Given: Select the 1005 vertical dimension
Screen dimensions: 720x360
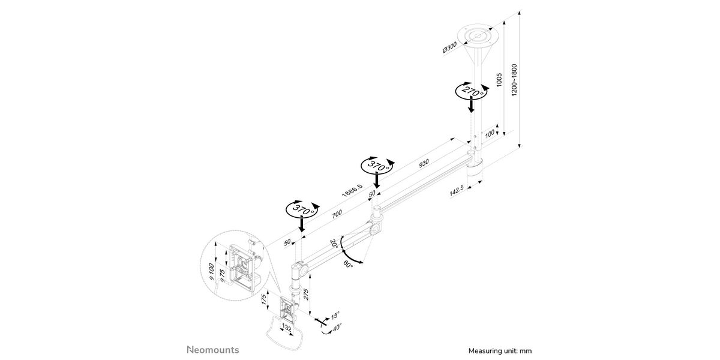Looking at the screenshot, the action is click(x=499, y=80).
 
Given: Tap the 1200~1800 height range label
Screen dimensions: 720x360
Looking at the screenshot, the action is click(x=514, y=80).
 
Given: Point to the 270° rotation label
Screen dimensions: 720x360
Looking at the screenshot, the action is click(x=471, y=91).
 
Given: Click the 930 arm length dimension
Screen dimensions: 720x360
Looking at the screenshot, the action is click(x=424, y=163).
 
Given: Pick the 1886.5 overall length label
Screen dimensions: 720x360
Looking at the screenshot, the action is click(x=352, y=190).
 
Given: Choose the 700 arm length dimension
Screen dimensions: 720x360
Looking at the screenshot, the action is click(x=337, y=214).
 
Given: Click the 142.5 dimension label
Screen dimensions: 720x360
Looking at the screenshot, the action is click(x=457, y=191).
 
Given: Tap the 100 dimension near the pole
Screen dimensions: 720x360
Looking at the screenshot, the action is click(x=489, y=134).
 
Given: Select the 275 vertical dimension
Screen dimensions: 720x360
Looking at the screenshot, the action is click(x=305, y=295).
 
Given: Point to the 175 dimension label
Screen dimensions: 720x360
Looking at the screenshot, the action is click(x=264, y=299).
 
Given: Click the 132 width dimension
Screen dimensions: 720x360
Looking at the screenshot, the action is click(x=286, y=329).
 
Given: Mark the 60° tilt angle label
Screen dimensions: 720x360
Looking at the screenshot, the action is click(x=348, y=264).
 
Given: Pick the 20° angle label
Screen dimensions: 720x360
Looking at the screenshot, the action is click(x=334, y=244).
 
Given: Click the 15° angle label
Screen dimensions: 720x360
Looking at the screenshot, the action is click(x=335, y=316).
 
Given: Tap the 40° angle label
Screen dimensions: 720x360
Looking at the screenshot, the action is click(x=337, y=328).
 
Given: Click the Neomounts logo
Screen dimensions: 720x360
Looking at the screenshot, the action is click(x=213, y=350).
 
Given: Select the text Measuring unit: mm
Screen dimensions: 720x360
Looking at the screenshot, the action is click(x=500, y=350).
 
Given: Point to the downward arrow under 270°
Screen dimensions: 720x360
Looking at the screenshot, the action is click(x=471, y=106).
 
